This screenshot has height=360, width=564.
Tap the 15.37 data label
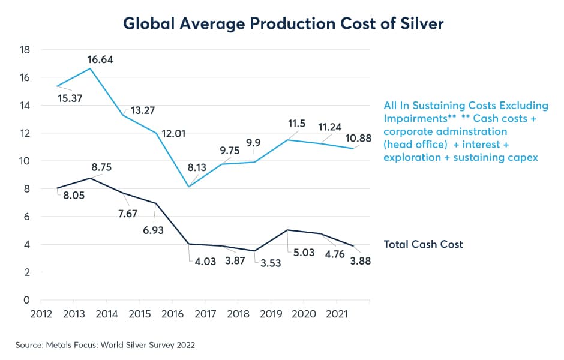click(73, 97)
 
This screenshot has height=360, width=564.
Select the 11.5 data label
click(296, 124)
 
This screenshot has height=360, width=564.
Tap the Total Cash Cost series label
click(423, 244)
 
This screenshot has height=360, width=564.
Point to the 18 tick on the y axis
click(25, 50)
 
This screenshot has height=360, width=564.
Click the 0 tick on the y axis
click(28, 300)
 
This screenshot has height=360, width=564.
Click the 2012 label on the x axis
click(41, 314)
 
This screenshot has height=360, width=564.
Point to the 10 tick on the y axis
click(25, 161)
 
